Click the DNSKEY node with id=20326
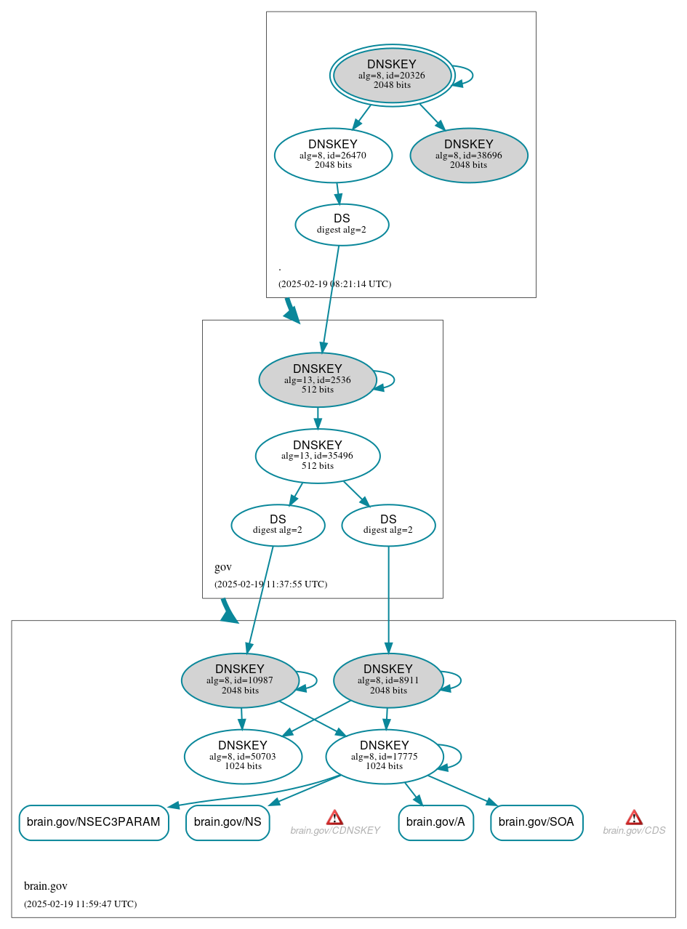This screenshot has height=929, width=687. [392, 75]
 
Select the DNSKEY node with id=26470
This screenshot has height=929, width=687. [333, 155]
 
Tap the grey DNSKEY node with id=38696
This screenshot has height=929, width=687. [469, 155]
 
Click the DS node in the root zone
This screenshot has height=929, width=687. [342, 225]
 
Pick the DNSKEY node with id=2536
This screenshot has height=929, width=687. [318, 379]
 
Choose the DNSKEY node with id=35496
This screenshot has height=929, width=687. [318, 456]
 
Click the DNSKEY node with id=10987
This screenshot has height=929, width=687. [240, 680]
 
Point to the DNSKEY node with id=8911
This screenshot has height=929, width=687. [388, 680]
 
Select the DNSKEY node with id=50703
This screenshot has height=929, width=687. [243, 757]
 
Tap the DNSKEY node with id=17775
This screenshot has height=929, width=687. [384, 757]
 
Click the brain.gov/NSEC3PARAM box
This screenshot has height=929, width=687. [94, 823]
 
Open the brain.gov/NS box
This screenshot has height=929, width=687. [228, 823]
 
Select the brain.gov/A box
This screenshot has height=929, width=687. [435, 823]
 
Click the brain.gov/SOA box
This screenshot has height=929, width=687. [537, 823]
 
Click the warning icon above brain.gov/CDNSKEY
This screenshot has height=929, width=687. [334, 817]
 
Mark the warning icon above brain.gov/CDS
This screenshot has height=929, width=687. [634, 817]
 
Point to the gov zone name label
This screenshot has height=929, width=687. [223, 567]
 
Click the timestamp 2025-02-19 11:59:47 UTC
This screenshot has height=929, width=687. [80, 904]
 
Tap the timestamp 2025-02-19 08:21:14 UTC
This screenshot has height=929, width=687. [334, 284]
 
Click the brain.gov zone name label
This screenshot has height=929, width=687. [46, 886]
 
